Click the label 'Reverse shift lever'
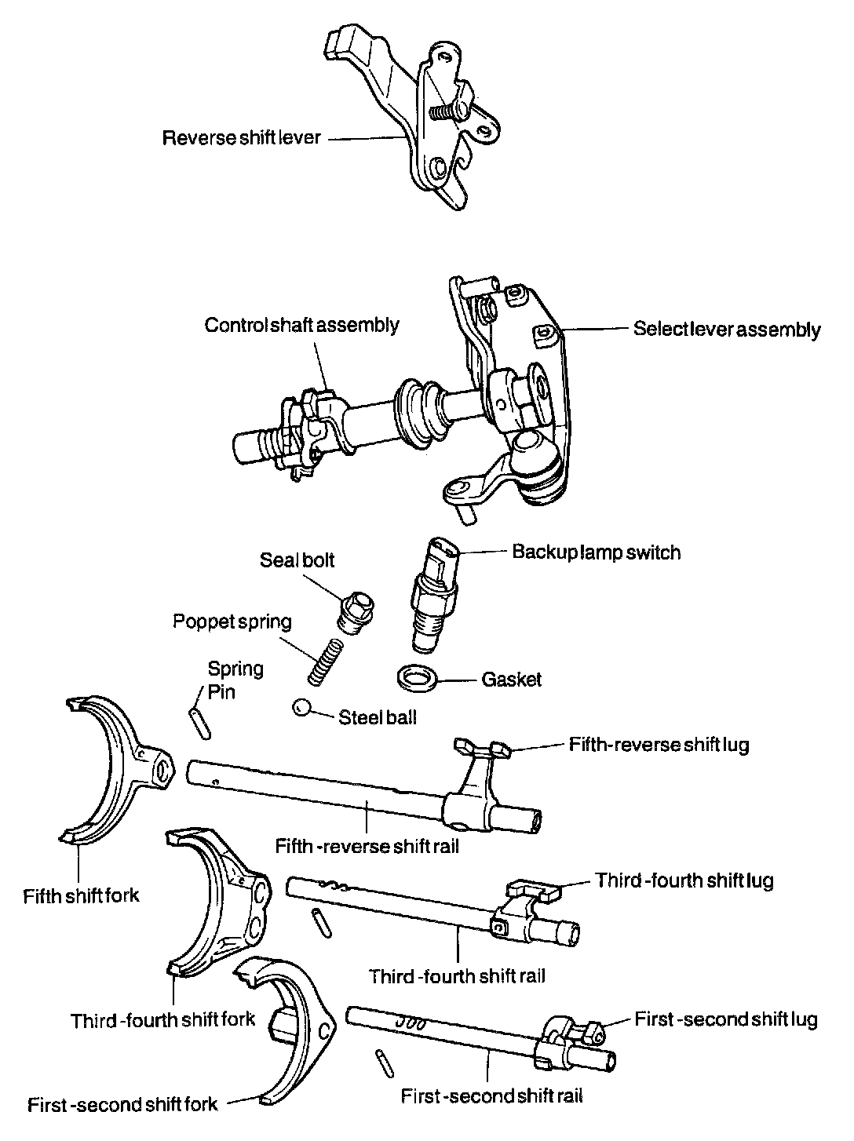[242, 139]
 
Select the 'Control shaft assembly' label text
[302, 325]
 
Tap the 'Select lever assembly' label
[727, 330]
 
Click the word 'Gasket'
[512, 679]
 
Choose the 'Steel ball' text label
[378, 716]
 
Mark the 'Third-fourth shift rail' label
[458, 976]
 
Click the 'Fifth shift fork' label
[82, 895]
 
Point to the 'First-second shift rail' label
[492, 1095]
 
